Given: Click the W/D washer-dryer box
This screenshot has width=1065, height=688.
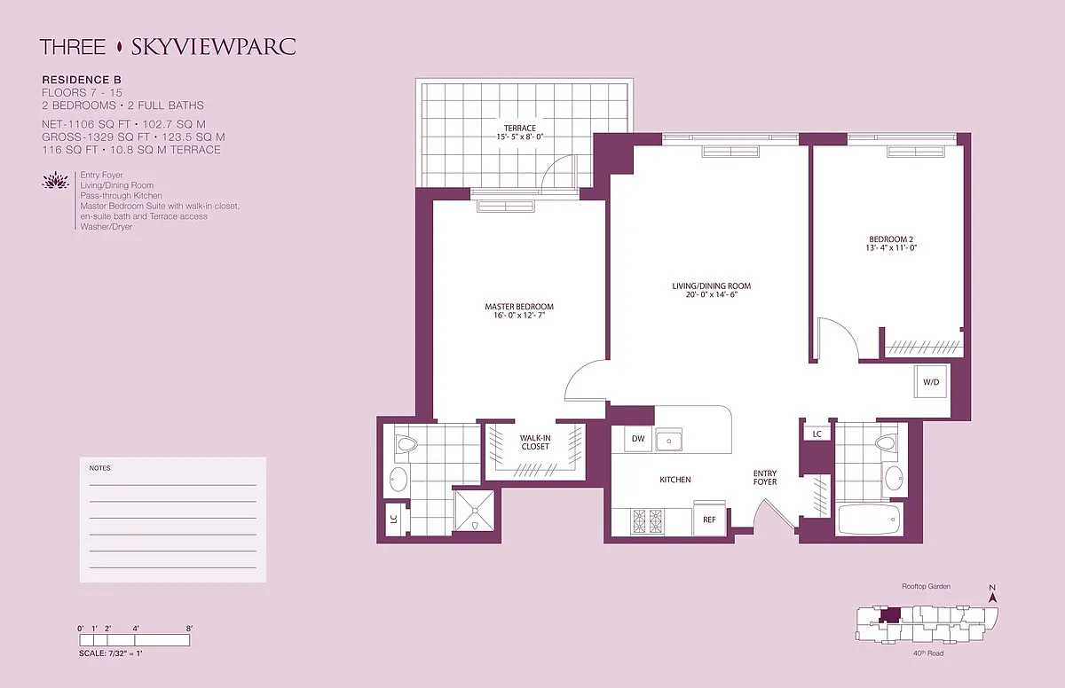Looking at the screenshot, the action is click(x=930, y=382).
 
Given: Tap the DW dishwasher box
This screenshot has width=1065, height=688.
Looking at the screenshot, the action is click(x=638, y=439).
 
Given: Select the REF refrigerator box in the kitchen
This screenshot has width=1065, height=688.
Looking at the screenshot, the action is click(x=709, y=519).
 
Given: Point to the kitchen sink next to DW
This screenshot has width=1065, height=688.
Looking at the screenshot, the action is click(x=669, y=440).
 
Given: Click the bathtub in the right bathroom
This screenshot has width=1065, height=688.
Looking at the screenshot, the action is click(x=869, y=519).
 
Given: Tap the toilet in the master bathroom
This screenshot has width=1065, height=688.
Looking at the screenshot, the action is click(x=406, y=443).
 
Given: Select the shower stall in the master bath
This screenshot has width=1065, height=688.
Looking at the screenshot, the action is click(x=475, y=511).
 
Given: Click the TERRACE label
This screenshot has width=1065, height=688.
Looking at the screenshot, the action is click(x=520, y=129).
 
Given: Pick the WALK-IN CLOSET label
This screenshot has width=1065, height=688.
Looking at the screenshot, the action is click(x=535, y=442).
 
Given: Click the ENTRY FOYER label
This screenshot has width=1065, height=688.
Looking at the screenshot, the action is click(x=765, y=478).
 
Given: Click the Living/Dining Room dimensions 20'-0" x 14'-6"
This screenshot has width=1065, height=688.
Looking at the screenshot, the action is click(x=711, y=295).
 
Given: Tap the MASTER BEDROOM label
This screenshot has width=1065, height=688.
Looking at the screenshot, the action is click(x=519, y=307).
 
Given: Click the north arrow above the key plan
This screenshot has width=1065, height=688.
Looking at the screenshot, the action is click(x=992, y=594).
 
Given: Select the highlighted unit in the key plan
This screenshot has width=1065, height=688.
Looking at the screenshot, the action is click(x=889, y=615).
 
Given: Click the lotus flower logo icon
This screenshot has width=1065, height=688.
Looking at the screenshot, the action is click(x=56, y=181).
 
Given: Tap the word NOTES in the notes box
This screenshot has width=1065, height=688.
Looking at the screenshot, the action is click(x=99, y=468).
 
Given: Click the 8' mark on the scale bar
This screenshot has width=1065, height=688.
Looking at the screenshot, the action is click(x=189, y=629).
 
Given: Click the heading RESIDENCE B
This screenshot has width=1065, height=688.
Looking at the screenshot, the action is click(x=82, y=80).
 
